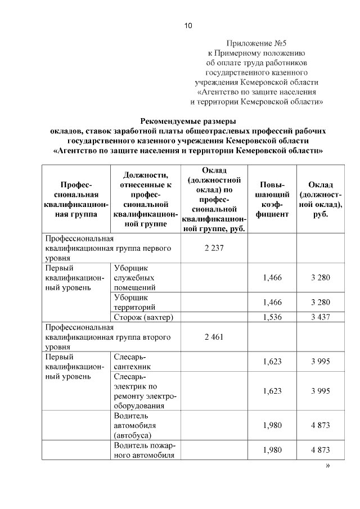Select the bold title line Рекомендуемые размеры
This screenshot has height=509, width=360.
coord(188,121)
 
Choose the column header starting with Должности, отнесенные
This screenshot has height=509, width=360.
coord(145,200)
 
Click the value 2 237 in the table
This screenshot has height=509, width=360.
coord(213,248)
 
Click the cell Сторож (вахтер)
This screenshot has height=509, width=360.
coord(143,317)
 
